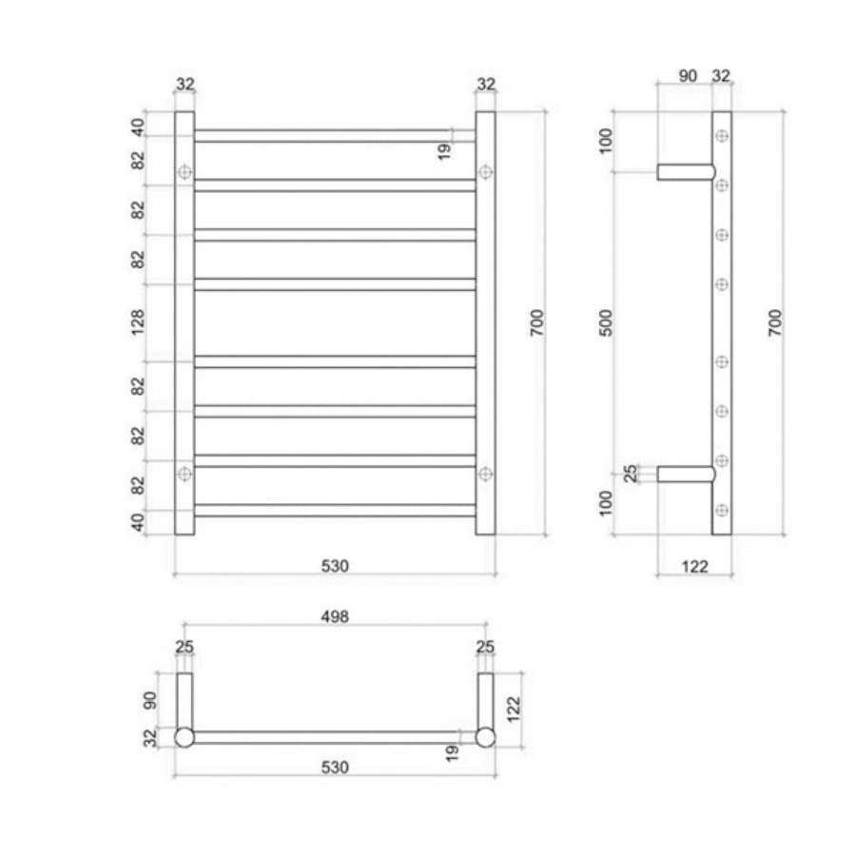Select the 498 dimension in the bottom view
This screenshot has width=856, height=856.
pyautogui.click(x=335, y=616)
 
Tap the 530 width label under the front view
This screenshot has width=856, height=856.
pyautogui.click(x=335, y=566)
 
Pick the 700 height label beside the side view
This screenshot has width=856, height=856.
pyautogui.click(x=773, y=323)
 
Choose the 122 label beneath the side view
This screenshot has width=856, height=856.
pyautogui.click(x=695, y=566)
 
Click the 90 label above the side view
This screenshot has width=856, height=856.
pyautogui.click(x=688, y=75)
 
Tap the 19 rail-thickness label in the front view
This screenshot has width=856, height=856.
pyautogui.click(x=445, y=149)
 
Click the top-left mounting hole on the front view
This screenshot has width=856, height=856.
pyautogui.click(x=185, y=172)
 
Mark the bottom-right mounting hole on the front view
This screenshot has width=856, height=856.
pyautogui.click(x=486, y=473)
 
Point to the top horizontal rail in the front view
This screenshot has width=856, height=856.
pyautogui.click(x=335, y=135)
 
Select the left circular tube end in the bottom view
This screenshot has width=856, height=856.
pyautogui.click(x=185, y=737)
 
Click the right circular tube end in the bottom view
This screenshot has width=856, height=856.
pyautogui.click(x=486, y=737)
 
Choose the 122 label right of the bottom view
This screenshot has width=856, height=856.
pyautogui.click(x=514, y=709)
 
